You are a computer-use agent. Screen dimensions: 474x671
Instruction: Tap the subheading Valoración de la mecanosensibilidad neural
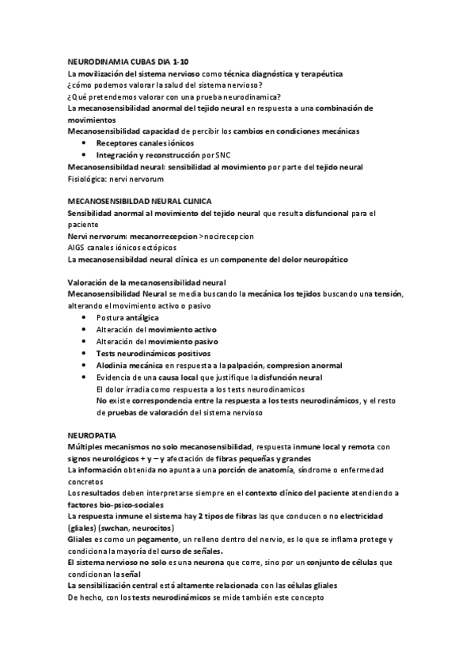pyautogui.click(x=147, y=282)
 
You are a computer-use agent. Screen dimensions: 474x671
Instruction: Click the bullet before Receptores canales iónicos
pyautogui.click(x=84, y=143)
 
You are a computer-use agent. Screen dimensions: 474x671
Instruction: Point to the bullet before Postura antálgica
pyautogui.click(x=84, y=317)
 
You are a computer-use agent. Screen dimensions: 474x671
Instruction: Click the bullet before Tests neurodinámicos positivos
pyautogui.click(x=84, y=353)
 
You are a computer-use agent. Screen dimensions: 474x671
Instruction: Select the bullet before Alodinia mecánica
pyautogui.click(x=84, y=365)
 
